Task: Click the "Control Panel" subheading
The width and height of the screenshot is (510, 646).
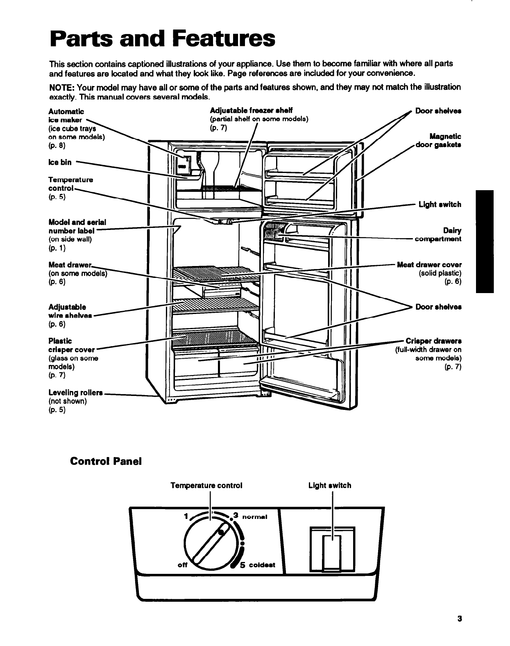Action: tap(106, 461)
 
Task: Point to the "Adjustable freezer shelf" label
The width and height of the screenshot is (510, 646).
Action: tap(251, 111)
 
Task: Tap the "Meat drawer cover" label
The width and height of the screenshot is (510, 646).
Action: tap(429, 265)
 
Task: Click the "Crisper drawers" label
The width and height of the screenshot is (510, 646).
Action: tap(433, 341)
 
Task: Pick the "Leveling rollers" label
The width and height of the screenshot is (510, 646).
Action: tap(75, 393)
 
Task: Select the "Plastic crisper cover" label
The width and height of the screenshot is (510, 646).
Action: tap(71, 346)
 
